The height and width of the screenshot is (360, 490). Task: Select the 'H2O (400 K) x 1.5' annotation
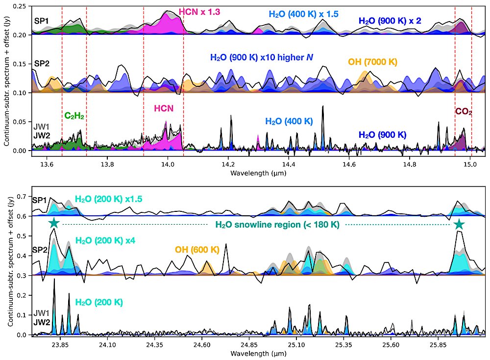tap(304, 14)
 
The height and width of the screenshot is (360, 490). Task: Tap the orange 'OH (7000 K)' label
tap(372, 62)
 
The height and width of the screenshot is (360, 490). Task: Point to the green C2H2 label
tap(74, 116)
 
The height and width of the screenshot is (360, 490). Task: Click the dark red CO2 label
tap(464, 112)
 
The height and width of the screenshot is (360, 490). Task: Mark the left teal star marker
tap(54, 224)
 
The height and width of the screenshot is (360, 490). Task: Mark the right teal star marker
tap(459, 224)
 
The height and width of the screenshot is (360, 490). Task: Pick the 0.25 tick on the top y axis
tap(20, 6)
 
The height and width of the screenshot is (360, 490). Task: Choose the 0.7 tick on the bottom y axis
tap(22, 196)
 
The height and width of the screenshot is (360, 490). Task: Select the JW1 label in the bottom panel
tap(42, 312)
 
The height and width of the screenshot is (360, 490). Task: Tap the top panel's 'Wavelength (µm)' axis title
tap(258, 173)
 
